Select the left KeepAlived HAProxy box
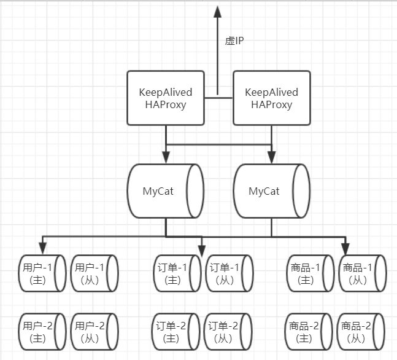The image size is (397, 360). tap(166, 98)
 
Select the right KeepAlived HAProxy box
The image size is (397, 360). tap(271, 98)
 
